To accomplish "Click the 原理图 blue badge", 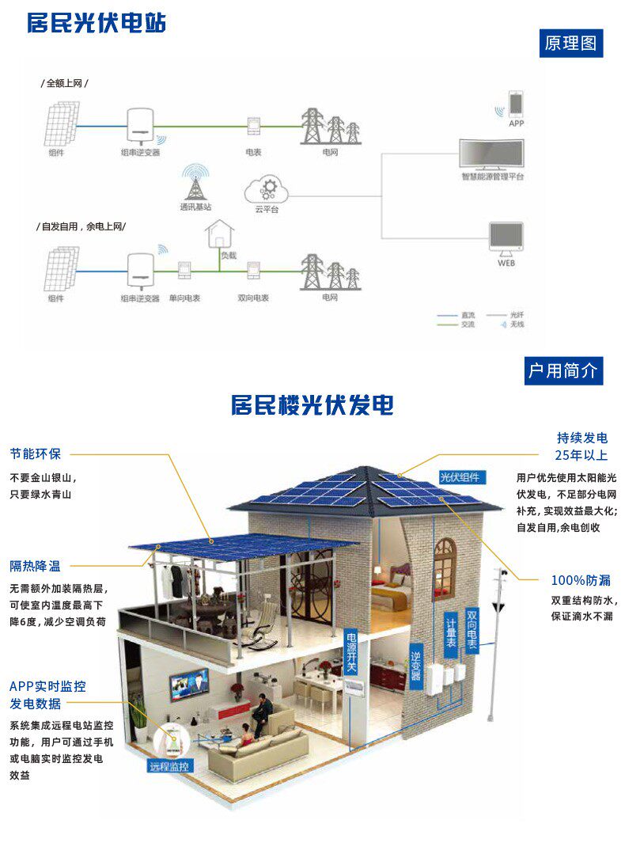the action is point(570,43).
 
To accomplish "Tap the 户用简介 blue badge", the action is point(563,370).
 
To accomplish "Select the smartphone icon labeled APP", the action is point(516,104).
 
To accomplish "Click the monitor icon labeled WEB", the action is point(506,238).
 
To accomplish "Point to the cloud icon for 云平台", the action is point(267,190).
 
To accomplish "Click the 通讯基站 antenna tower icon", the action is point(194,183).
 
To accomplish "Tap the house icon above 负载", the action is point(219,236).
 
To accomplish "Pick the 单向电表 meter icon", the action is point(185,271).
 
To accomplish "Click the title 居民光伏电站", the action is point(97,23).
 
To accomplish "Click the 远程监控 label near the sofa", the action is point(170,766).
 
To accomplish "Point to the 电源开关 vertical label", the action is point(351,653).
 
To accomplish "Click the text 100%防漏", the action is point(581,580).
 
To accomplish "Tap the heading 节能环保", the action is point(36,454).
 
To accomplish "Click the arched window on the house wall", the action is point(445,558).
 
